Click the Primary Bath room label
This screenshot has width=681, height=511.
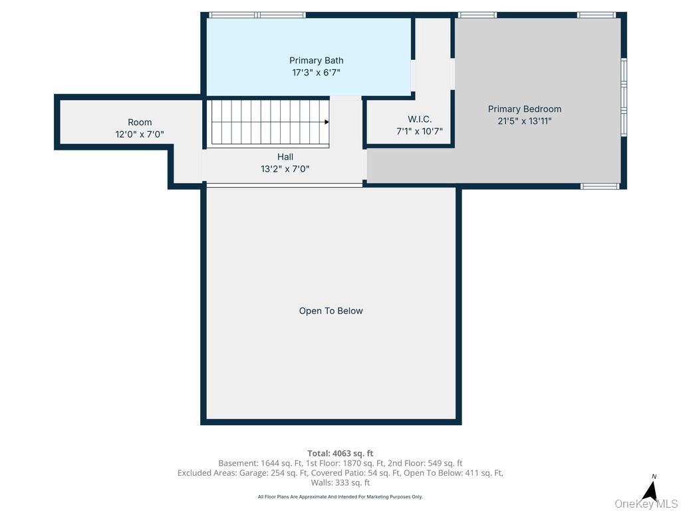[x=316, y=61]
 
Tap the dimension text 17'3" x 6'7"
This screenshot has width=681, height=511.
[x=316, y=73]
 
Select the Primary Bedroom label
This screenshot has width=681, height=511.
[x=525, y=109]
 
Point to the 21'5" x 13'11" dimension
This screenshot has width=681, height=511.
[x=525, y=121]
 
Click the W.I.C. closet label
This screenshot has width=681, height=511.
[x=420, y=119]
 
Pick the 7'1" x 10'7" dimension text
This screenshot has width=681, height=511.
[x=420, y=131]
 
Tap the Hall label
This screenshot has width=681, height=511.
[x=285, y=157]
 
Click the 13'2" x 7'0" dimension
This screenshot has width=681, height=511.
[x=285, y=169]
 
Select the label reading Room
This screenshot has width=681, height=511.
[x=140, y=122]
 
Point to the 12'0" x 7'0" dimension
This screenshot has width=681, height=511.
[x=140, y=134]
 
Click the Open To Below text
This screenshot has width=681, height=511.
[x=331, y=311]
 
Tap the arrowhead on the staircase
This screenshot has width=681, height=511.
[x=327, y=122]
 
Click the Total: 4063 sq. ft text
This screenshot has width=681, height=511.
[x=340, y=454]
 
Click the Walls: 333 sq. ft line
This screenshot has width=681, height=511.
[x=340, y=482]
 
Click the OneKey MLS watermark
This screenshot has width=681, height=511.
[x=646, y=504]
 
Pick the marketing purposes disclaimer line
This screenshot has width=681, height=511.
[x=340, y=496]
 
